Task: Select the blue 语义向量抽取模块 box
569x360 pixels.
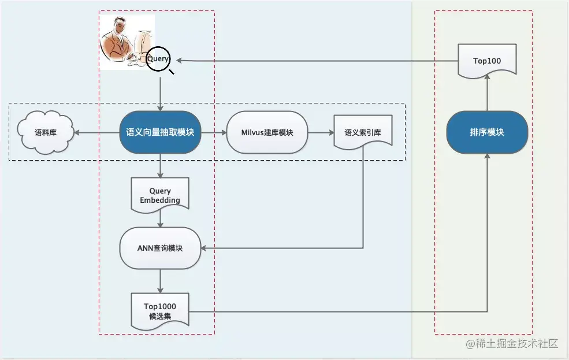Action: pyautogui.click(x=160, y=132)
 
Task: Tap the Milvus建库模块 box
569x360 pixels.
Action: pyautogui.click(x=267, y=132)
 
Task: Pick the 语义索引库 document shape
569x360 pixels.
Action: pyautogui.click(x=363, y=132)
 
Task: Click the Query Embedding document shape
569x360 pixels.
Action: pyautogui.click(x=160, y=195)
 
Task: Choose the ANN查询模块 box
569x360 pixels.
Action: pyautogui.click(x=160, y=248)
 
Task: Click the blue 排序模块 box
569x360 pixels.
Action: pyautogui.click(x=487, y=132)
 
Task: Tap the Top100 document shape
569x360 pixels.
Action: pyautogui.click(x=487, y=61)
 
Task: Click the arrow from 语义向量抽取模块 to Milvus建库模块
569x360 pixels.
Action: pyautogui.click(x=213, y=132)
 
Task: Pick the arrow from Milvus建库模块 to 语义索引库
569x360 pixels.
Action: pyautogui.click(x=321, y=132)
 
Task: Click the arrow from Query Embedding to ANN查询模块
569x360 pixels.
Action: pyautogui.click(x=160, y=220)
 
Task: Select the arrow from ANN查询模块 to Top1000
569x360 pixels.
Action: pyautogui.click(x=160, y=281)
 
